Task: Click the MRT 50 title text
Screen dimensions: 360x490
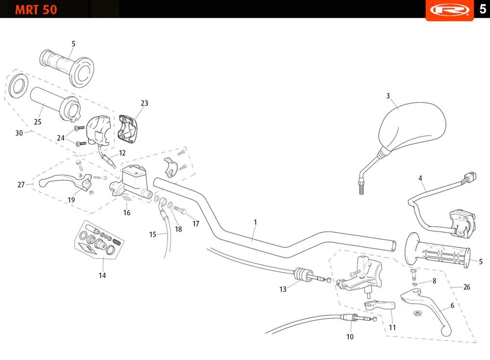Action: pos(36,10)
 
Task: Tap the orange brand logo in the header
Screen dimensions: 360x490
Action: pos(449,10)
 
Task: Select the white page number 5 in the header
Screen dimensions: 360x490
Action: pos(482,10)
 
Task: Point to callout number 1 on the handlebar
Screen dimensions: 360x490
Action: pos(255,222)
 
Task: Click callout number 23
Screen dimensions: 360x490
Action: pos(144,103)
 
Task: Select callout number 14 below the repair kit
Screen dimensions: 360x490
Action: pos(102,276)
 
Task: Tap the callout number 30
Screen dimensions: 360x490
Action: pos(19,133)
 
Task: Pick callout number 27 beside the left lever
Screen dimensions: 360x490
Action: pos(21,185)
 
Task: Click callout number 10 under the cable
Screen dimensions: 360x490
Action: pos(350,337)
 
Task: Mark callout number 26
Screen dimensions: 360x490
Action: pos(466,287)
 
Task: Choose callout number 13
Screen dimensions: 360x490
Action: pos(283,289)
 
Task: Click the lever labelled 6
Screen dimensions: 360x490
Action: pos(431,309)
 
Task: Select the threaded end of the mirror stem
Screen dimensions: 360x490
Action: pos(361,187)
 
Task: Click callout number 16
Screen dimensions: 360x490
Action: pos(127,213)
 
